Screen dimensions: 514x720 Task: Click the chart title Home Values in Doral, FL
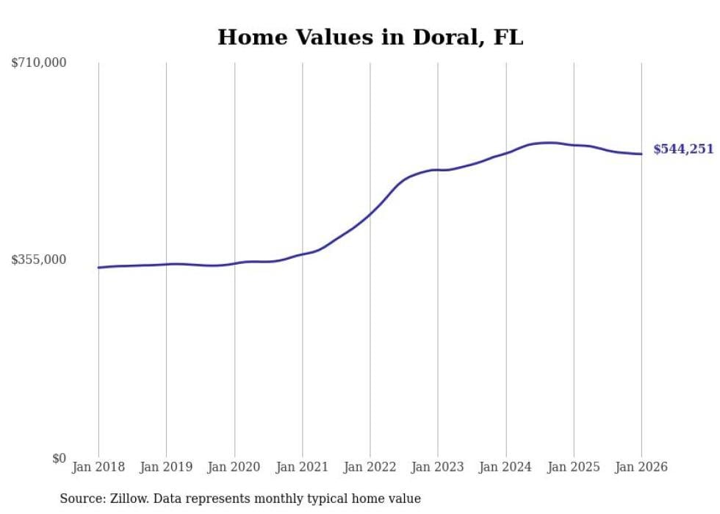370,37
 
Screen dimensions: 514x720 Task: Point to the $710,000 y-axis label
39,63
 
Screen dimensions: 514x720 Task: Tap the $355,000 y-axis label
39,260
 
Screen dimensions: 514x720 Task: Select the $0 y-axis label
59,458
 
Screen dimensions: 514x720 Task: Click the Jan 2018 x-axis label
98,467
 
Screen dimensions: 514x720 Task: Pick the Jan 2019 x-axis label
166,467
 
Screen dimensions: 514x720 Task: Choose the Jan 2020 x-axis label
234,467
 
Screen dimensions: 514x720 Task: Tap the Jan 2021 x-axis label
302,467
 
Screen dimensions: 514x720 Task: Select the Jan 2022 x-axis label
370,467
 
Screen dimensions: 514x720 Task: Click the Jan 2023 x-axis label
438,467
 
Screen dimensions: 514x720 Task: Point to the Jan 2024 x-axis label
505,467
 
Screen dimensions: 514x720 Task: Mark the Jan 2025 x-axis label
574,467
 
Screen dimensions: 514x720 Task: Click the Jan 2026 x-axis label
641,467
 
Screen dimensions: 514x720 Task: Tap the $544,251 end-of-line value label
683,149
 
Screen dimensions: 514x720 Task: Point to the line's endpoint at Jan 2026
641,154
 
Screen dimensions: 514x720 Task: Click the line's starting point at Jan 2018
98,268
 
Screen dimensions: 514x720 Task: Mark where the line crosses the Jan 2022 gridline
370,213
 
